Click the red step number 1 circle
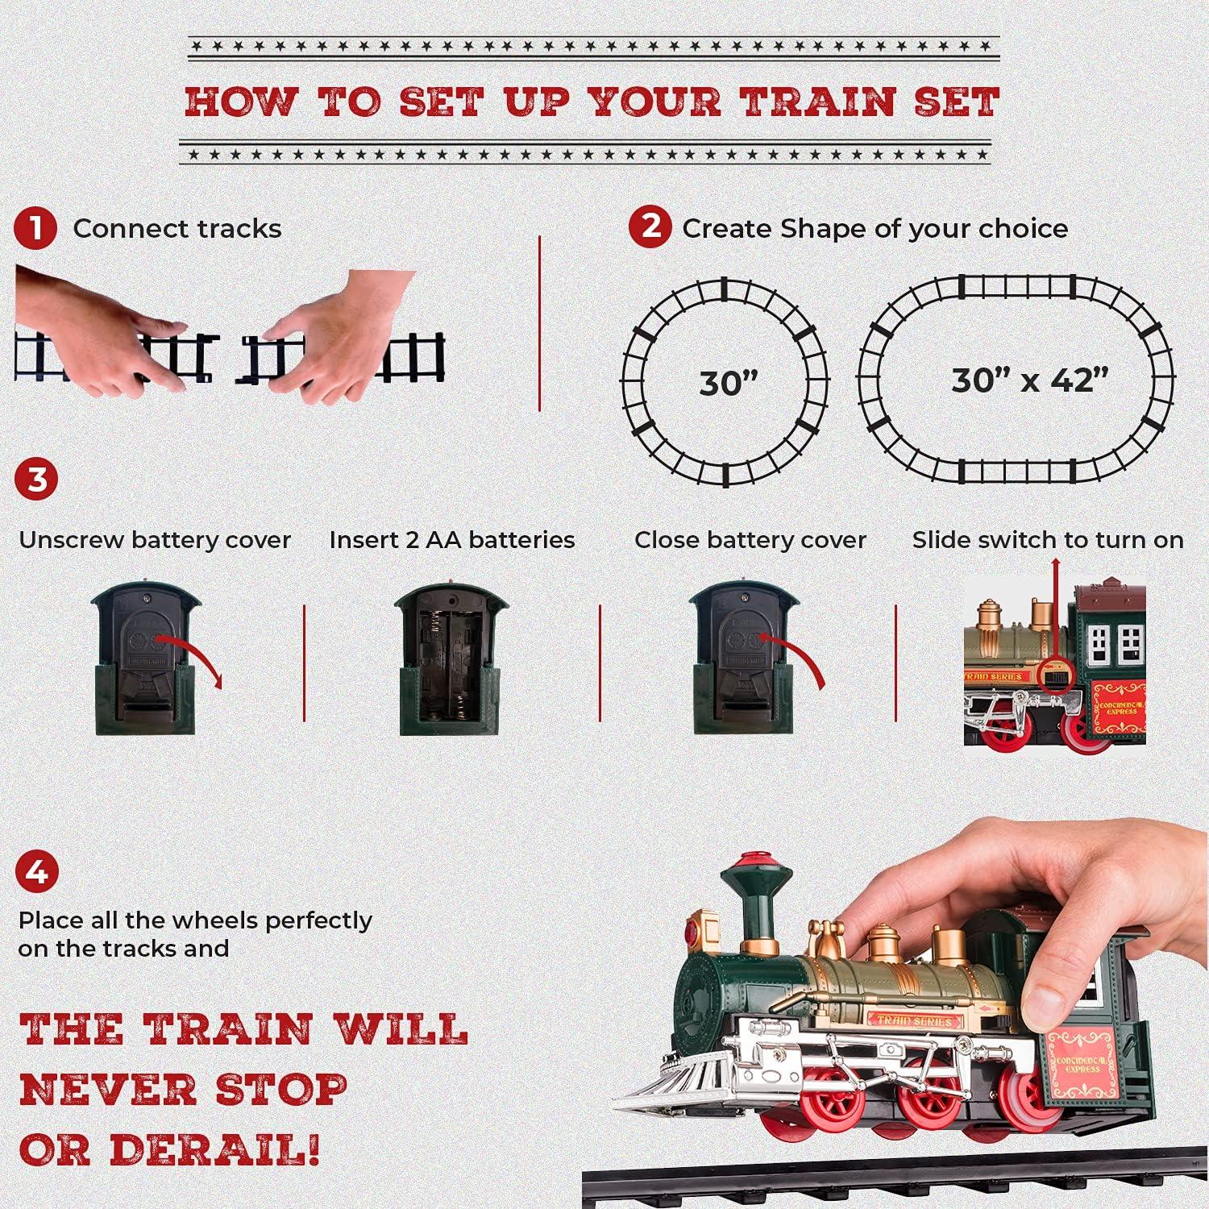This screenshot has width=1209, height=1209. pos(35,229)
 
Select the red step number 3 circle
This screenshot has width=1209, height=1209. pos(36,480)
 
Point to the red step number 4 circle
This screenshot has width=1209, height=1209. pos(36,873)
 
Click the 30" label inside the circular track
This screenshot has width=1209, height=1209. pos(728,383)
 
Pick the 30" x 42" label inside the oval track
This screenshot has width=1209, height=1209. pos(1029,380)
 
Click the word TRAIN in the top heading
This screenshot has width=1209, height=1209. pos(818,102)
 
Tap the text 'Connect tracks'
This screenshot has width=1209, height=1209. pos(177,229)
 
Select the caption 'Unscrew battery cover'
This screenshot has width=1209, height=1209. pos(155,540)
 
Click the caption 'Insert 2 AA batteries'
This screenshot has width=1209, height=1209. pos(452,540)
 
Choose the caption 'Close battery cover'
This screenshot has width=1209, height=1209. pos(750,540)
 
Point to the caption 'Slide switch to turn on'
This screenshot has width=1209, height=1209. pos(1048,540)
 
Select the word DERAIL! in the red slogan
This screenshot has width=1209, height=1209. pos(214,1149)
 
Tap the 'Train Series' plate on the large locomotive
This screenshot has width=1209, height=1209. pos(914,1020)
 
